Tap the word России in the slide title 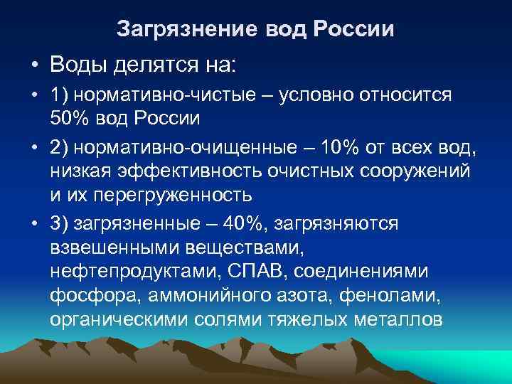(354, 30)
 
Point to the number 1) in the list (59, 96)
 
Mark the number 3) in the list (59, 223)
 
